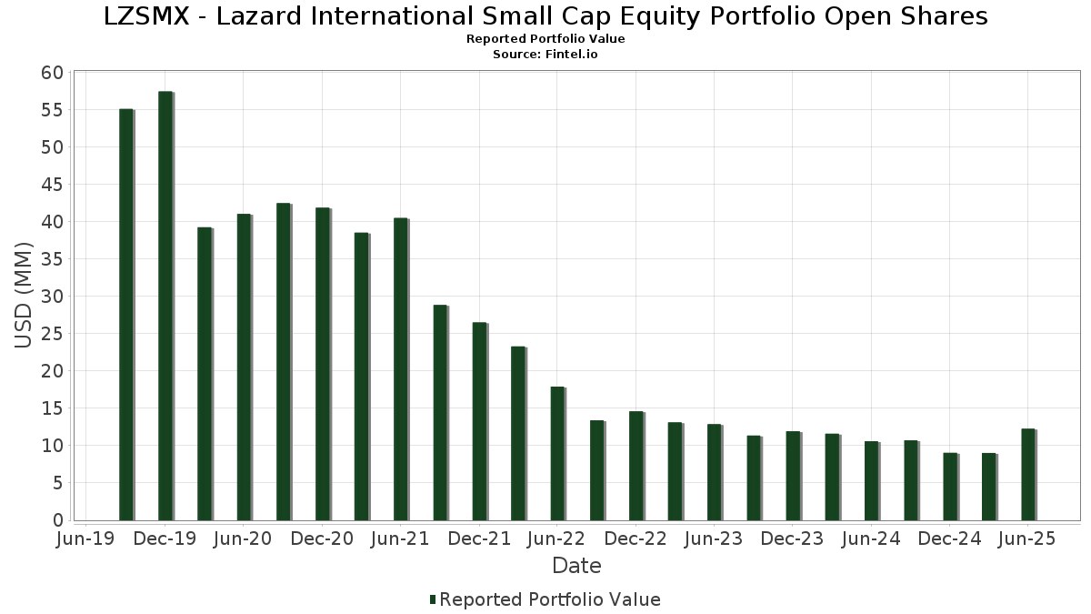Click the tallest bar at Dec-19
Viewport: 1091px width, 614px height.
165,306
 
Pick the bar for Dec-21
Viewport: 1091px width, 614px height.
479,421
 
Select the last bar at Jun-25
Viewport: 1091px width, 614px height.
1027,474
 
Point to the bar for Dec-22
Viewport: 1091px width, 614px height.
636,465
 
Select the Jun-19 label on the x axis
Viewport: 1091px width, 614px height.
85,539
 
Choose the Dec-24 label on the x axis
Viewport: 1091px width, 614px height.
949,539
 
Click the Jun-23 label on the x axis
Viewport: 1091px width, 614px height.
714,539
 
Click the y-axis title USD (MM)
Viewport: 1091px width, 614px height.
25,295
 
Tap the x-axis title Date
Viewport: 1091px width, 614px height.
576,566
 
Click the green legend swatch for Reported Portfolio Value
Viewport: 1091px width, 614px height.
433,599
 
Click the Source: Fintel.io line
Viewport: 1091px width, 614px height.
545,55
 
